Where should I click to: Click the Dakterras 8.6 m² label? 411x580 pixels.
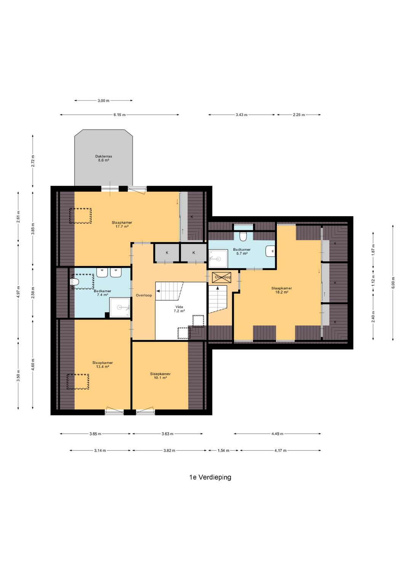tap(104, 158)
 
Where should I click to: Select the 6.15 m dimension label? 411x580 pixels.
tap(119, 115)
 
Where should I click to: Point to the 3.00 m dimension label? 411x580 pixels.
tap(104, 101)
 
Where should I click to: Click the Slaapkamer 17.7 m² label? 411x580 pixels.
tap(122, 224)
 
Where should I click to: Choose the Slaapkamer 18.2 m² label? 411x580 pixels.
tap(282, 290)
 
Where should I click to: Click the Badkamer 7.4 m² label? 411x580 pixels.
tap(102, 293)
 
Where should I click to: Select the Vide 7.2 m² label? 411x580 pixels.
tap(179, 309)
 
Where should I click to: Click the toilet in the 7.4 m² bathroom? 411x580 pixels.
tap(75, 282)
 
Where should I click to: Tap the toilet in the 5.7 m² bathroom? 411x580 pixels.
tap(243, 236)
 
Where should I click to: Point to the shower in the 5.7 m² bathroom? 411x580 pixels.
tap(218, 258)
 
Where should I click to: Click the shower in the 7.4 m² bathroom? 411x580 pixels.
tap(120, 307)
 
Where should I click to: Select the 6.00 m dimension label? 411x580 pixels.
tap(393, 283)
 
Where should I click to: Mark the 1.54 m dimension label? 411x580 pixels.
tap(223, 450)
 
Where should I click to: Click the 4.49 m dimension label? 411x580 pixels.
tap(277, 434)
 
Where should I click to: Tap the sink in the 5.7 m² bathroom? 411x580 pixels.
tap(270, 251)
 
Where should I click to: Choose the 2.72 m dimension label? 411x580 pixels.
tap(33, 161)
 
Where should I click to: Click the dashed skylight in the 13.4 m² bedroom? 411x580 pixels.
tap(78, 381)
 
